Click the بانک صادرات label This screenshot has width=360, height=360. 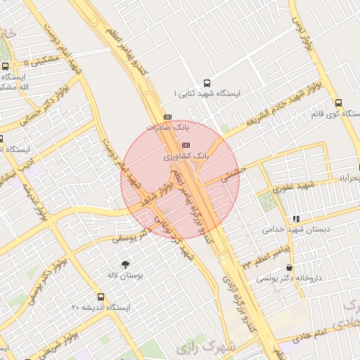(x=168, y=127)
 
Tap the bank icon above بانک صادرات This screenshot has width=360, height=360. (x=167, y=117)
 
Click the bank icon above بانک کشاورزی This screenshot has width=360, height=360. (x=185, y=145)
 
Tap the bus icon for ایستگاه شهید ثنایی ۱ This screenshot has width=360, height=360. (x=206, y=82)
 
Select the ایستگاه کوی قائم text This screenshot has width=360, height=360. (x=335, y=112)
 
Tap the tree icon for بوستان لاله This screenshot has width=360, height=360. (x=125, y=264)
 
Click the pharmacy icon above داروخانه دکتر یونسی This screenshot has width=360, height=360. (x=290, y=267)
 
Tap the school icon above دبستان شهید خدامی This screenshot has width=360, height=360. (x=296, y=219)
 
